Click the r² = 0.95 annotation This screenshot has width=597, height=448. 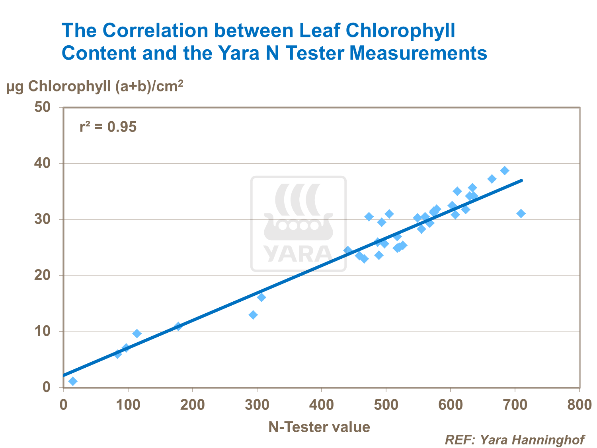(x=108, y=127)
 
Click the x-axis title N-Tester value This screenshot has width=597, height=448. (x=319, y=427)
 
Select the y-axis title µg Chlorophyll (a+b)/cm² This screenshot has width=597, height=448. (x=95, y=86)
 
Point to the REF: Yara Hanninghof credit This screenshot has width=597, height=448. (x=514, y=440)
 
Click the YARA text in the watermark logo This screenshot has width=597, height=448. (x=298, y=253)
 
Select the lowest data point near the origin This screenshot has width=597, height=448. (x=73, y=381)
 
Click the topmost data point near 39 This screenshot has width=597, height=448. (x=505, y=171)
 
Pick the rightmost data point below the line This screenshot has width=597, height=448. (x=521, y=213)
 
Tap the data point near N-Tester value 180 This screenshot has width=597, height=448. (x=178, y=326)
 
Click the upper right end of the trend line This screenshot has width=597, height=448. (x=521, y=180)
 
